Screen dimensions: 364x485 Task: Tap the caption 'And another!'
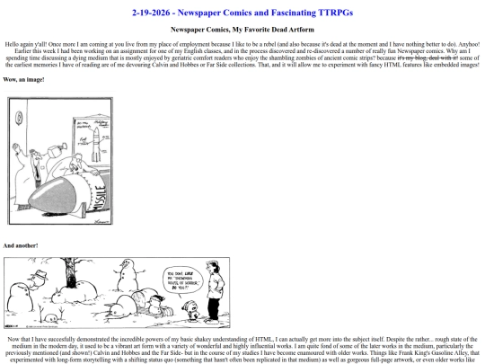click(22, 245)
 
